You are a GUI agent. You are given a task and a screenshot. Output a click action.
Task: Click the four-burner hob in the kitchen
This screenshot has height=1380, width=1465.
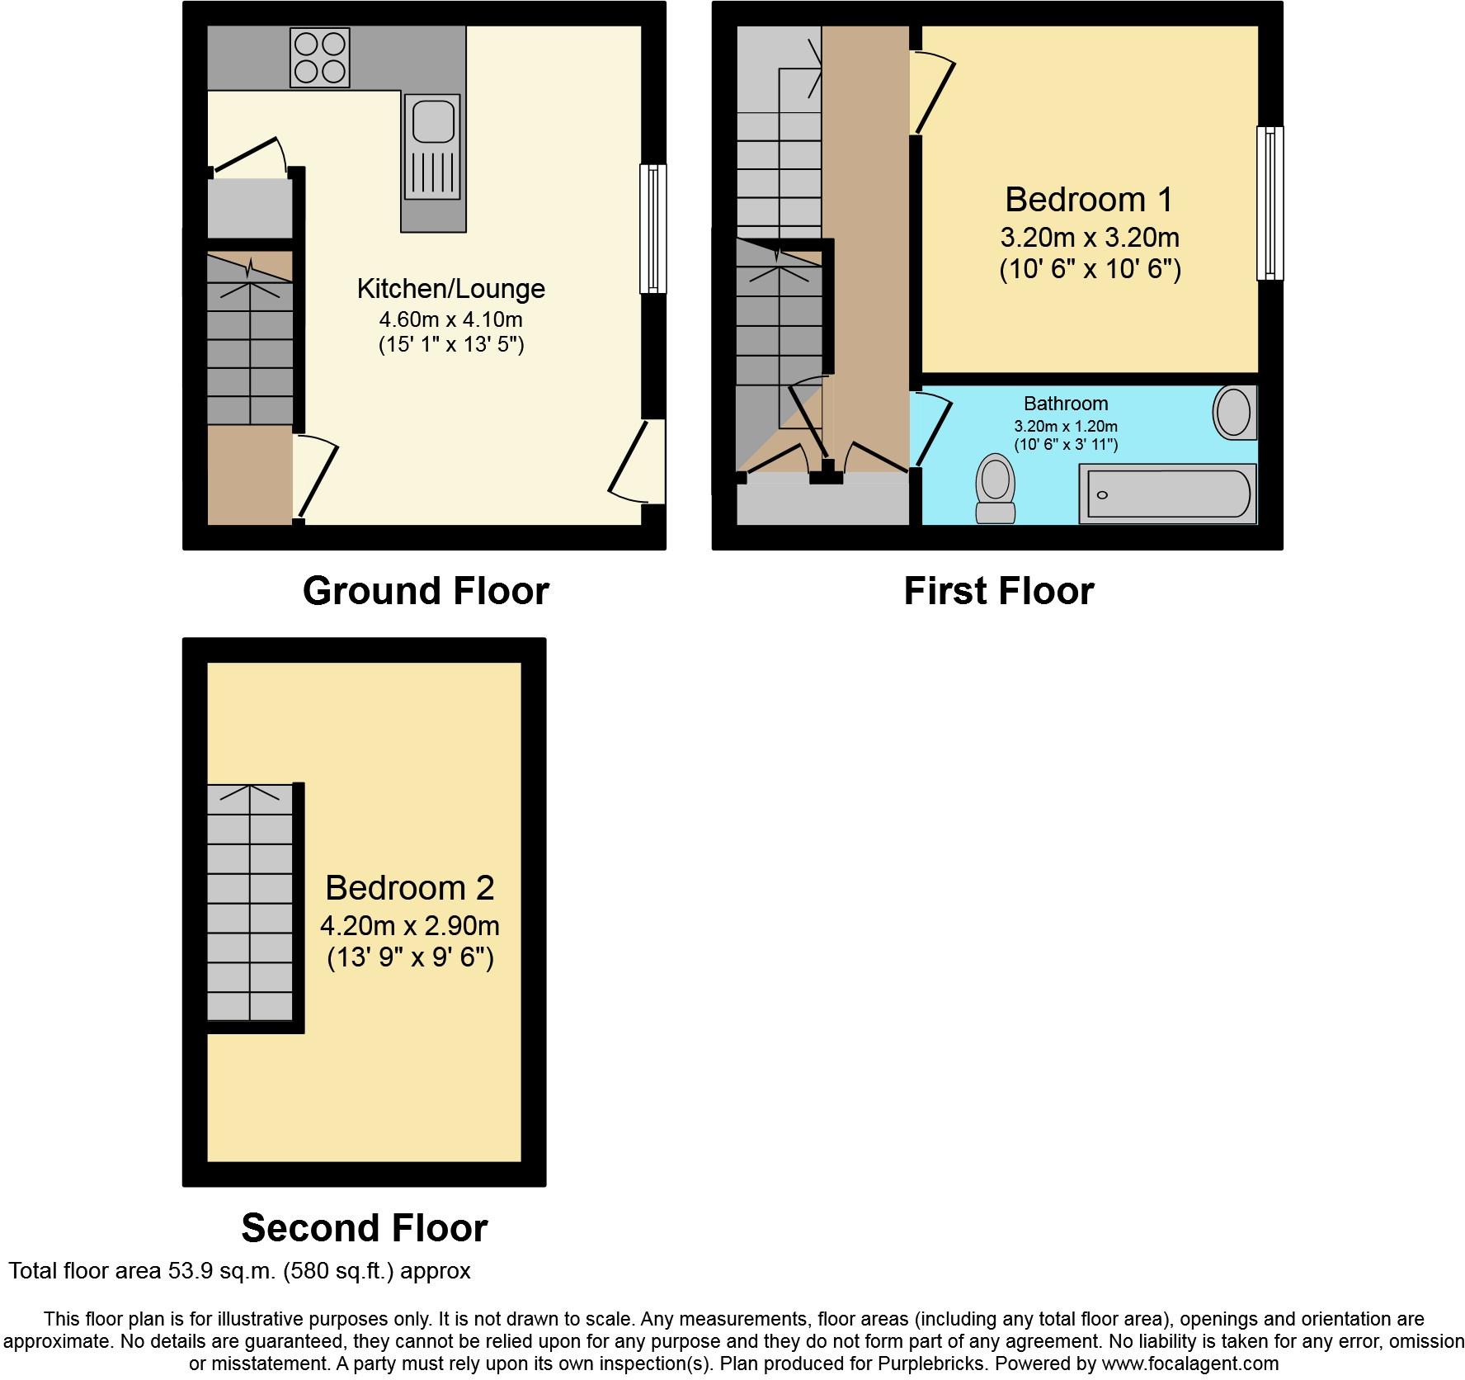[319, 58]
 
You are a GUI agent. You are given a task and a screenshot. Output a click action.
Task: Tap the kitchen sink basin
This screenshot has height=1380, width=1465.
[431, 121]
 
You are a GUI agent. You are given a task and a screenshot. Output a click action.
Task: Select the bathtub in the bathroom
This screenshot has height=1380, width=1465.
[1167, 494]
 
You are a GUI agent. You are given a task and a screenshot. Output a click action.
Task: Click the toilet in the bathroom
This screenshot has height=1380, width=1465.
[995, 489]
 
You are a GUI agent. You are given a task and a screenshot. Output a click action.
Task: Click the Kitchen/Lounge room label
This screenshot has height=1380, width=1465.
[450, 289]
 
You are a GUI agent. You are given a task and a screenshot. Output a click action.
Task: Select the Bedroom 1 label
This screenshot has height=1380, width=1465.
[1089, 200]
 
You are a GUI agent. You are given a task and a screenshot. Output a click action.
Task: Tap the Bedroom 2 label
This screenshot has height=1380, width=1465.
[410, 888]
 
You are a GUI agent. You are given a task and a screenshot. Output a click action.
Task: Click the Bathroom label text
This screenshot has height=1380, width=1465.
[1066, 404]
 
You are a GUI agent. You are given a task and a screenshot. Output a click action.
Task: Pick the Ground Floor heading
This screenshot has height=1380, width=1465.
[426, 591]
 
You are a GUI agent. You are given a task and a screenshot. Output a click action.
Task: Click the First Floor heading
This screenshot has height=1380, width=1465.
[999, 591]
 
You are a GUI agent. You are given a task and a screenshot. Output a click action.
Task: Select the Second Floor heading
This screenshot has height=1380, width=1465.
[365, 1228]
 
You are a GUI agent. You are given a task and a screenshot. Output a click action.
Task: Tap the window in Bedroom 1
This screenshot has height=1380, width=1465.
[1270, 203]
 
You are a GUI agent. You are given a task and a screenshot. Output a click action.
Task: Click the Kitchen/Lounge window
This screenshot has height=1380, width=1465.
[653, 229]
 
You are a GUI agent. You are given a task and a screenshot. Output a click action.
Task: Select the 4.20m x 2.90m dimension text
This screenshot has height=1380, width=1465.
[410, 925]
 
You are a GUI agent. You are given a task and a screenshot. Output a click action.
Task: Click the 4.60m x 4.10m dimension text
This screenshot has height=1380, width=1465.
[450, 319]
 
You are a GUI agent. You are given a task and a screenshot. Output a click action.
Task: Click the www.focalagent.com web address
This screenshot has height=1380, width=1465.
[1190, 1364]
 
